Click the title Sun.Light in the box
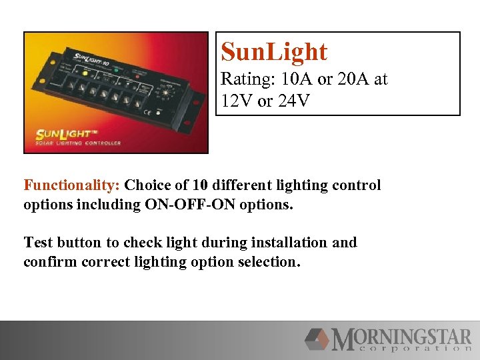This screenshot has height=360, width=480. [274, 52]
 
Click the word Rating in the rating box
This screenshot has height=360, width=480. [242, 79]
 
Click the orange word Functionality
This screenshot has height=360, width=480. [71, 185]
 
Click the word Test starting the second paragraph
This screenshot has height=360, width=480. [38, 242]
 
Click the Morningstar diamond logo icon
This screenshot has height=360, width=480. [317, 339]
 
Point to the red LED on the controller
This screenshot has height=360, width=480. [138, 75]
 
